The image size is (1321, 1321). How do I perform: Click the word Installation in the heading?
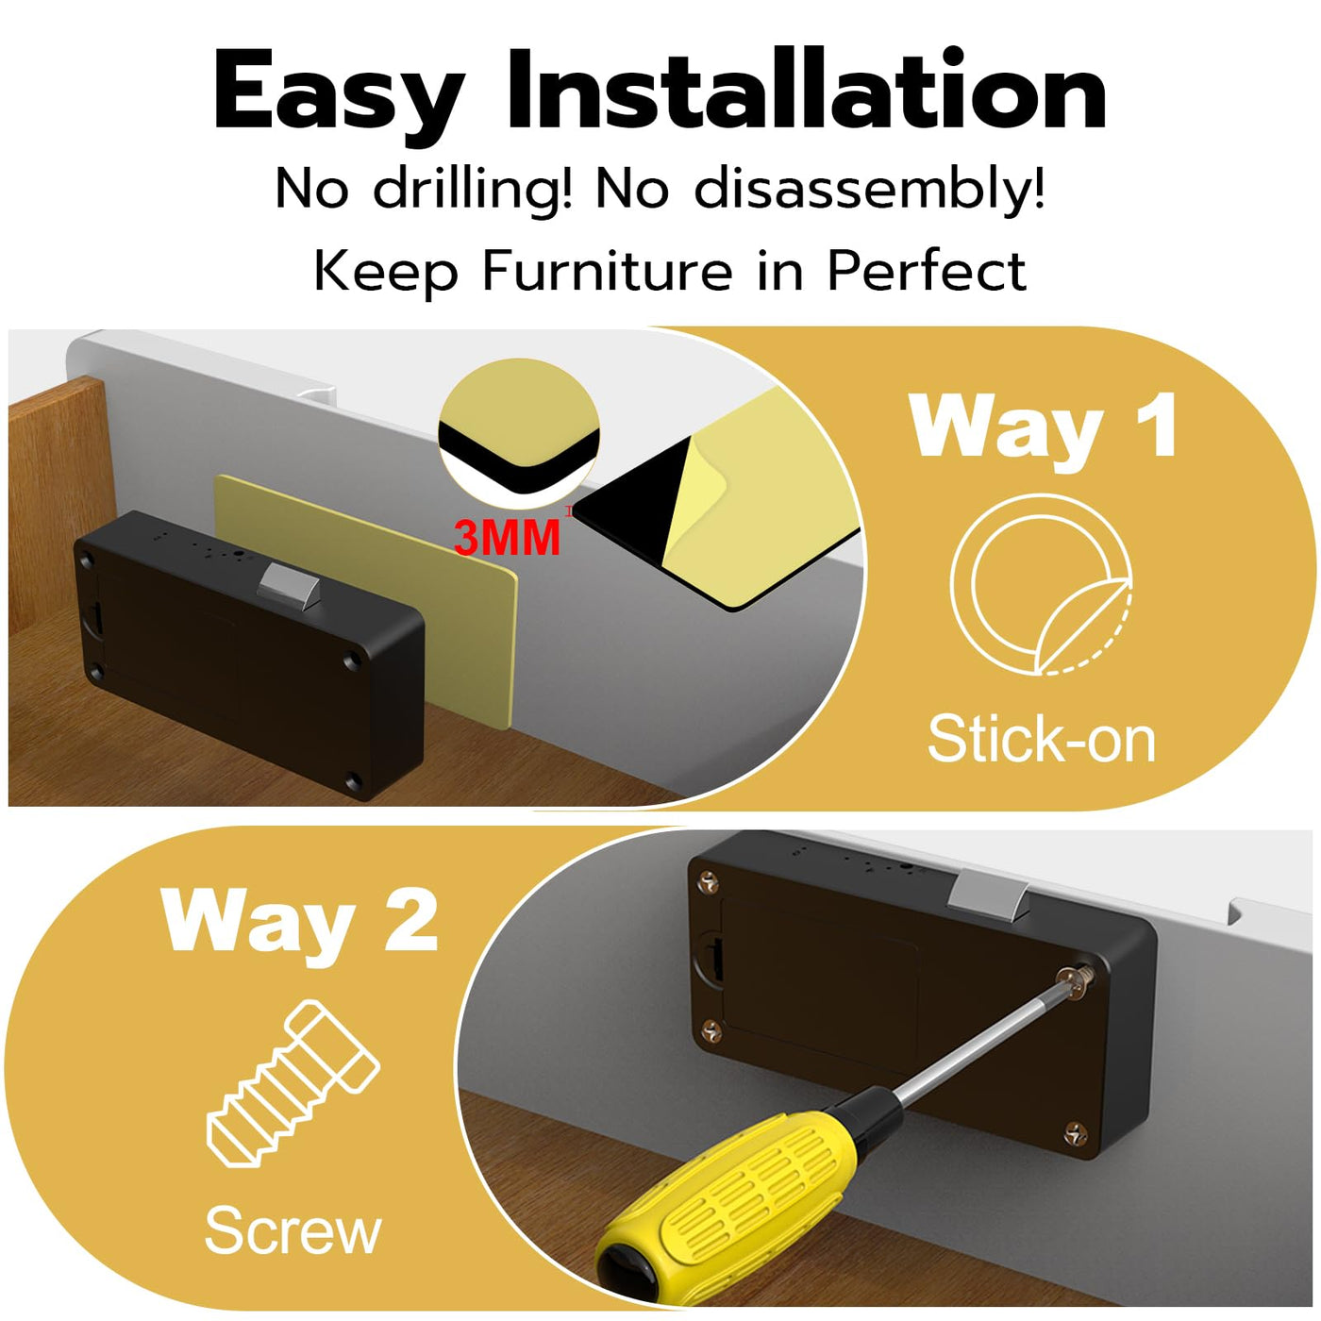[806, 90]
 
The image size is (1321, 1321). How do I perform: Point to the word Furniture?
[607, 271]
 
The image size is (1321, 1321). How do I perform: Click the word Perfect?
[927, 270]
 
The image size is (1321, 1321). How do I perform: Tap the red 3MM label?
[508, 538]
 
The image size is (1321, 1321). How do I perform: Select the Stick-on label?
[1042, 739]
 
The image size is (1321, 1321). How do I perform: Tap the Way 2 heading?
[299, 920]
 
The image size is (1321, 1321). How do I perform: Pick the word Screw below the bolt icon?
[293, 1231]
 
